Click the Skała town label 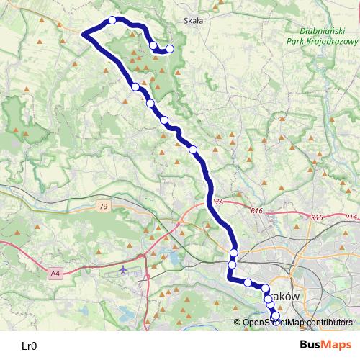click(x=194, y=21)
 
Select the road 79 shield click(x=104, y=207)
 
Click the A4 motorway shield click(x=56, y=273)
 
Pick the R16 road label click(x=258, y=211)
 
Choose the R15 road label click(x=318, y=217)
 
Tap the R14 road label click(x=351, y=217)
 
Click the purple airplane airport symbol click(x=123, y=269)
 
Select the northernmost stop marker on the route click(x=112, y=20)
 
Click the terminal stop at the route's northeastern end click(x=170, y=49)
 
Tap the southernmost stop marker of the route click(x=275, y=316)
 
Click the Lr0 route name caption click(x=29, y=346)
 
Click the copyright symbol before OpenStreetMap click(x=238, y=323)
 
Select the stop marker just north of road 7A click(x=193, y=149)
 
